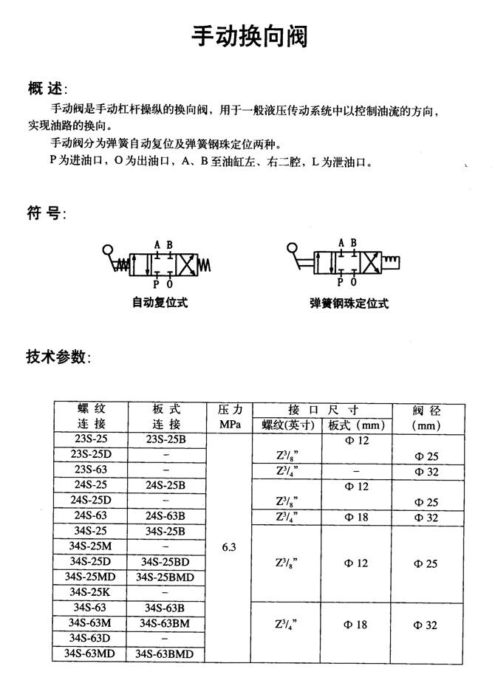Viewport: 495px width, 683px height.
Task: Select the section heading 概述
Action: [45, 90]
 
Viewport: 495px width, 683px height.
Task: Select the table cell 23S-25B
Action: [166, 440]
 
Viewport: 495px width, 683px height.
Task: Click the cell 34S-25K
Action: [91, 592]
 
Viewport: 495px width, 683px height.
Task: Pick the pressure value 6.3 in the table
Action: [228, 548]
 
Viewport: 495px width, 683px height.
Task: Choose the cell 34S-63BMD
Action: [165, 653]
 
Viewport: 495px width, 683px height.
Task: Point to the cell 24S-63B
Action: [165, 516]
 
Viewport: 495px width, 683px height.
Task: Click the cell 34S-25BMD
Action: [165, 577]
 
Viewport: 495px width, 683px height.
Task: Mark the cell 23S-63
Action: [91, 470]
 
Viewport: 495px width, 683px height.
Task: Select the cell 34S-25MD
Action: [91, 577]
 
